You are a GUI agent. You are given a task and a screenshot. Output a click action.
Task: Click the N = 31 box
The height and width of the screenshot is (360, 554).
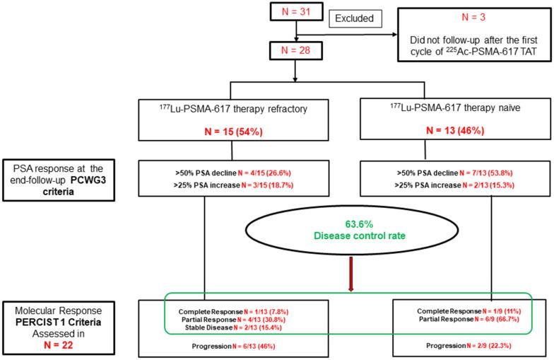[297, 11]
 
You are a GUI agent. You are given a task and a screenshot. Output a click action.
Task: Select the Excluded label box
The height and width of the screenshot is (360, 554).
[355, 18]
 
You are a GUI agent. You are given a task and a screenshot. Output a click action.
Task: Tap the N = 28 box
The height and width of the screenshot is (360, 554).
[296, 51]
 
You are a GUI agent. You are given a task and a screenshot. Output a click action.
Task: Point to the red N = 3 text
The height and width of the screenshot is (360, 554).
[473, 17]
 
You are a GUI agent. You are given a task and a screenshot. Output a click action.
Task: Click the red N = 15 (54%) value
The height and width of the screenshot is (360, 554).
[233, 132]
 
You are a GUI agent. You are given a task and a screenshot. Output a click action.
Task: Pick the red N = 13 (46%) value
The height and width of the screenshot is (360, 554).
[455, 130]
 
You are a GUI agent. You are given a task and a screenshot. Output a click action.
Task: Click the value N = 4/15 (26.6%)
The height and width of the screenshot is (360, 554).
[264, 173]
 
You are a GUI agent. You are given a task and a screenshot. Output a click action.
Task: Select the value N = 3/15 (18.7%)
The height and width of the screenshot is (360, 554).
[267, 185]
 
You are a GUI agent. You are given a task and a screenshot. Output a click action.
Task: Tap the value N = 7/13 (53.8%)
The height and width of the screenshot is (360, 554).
[486, 173]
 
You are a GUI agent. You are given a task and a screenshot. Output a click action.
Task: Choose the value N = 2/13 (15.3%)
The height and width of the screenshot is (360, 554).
[488, 185]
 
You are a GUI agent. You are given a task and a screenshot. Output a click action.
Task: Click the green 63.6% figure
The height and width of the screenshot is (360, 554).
[359, 224]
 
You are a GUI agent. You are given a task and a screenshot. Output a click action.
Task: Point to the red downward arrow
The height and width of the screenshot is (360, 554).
[350, 274]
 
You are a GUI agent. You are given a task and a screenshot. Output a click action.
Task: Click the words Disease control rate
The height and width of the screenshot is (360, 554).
[360, 236]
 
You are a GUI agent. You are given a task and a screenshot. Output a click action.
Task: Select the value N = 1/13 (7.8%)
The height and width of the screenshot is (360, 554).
[266, 312]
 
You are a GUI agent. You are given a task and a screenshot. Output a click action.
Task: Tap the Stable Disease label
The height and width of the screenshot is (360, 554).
[208, 327]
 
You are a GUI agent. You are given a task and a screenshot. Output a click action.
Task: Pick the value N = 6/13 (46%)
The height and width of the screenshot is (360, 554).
[254, 347]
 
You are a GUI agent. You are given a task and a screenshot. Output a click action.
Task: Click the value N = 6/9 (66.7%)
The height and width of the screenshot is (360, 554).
[497, 319]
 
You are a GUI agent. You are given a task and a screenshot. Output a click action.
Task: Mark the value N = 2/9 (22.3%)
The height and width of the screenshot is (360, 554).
[489, 345]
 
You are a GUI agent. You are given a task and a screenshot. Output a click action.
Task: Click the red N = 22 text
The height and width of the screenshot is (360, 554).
[59, 345]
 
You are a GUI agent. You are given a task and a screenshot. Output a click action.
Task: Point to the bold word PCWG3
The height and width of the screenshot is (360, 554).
[88, 180]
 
